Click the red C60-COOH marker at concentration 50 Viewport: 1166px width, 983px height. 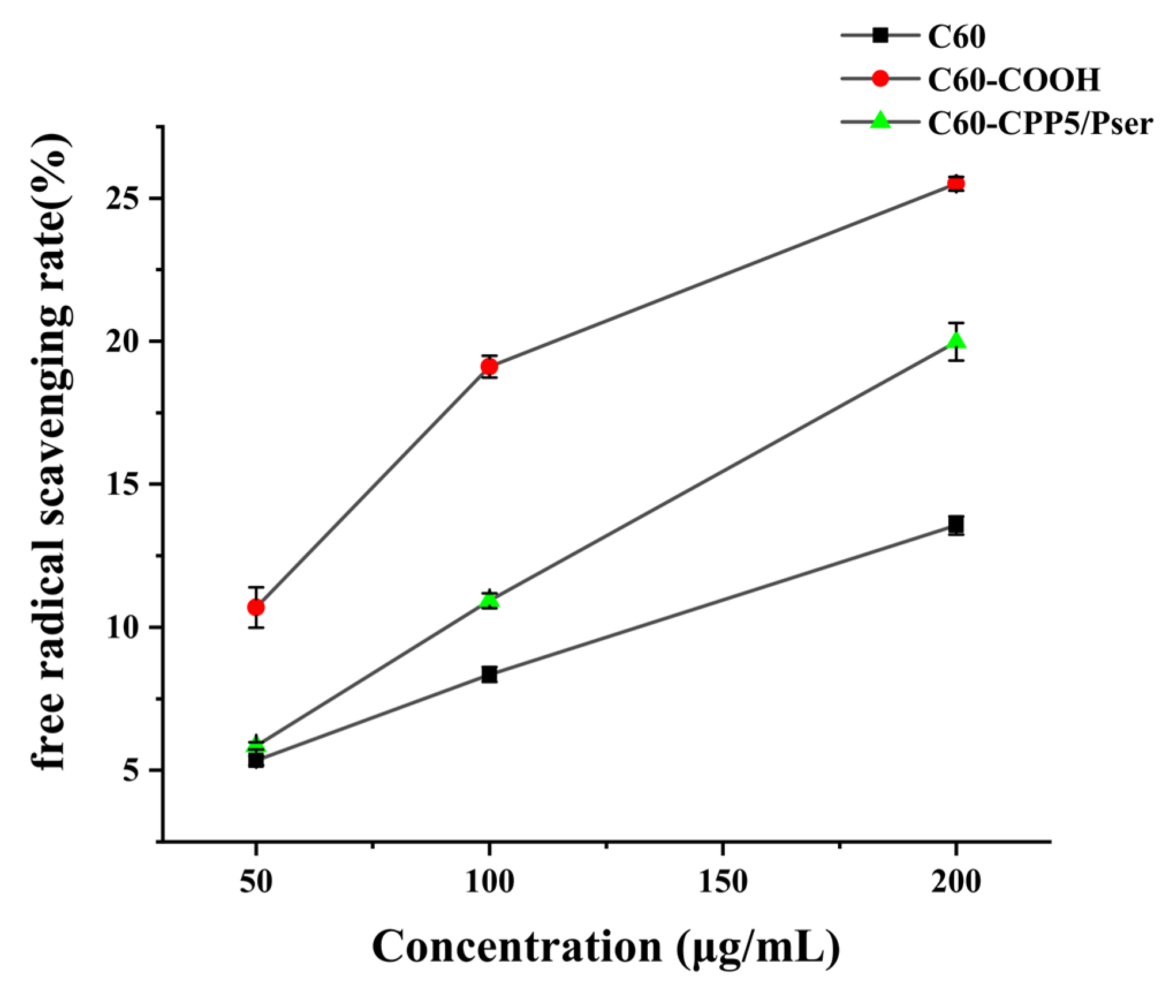(256, 608)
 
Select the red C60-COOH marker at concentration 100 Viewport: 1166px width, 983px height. (489, 367)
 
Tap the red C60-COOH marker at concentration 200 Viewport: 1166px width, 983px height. (956, 184)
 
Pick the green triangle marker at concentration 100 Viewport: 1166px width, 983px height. (489, 600)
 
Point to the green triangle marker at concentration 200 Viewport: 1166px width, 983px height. (956, 341)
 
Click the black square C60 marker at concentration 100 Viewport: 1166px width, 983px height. (489, 674)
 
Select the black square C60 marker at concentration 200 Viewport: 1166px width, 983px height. (956, 524)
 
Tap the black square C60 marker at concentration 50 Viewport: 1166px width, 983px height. (256, 761)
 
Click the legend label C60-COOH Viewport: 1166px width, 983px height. (1013, 79)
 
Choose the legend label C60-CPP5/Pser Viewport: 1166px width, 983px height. (1040, 123)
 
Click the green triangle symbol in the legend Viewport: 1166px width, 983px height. (880, 121)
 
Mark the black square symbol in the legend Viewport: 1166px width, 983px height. (880, 36)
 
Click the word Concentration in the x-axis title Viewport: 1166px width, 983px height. (516, 947)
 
